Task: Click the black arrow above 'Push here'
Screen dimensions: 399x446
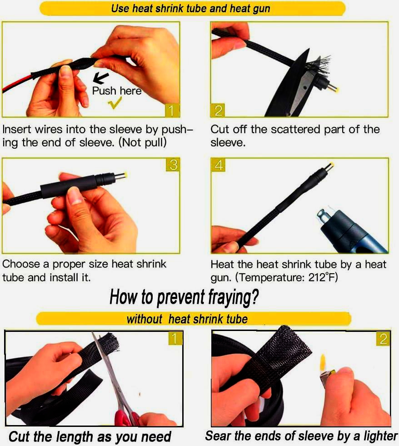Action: (x=101, y=78)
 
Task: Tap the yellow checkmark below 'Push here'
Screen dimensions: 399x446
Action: (x=115, y=103)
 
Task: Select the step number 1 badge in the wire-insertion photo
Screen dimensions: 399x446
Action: (x=171, y=110)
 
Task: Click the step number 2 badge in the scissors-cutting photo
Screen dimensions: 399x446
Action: (x=218, y=110)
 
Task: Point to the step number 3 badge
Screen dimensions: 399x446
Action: (x=173, y=165)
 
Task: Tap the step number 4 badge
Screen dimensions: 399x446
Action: (x=218, y=165)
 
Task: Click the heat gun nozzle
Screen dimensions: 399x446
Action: (x=324, y=218)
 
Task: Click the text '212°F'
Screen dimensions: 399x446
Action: (x=323, y=277)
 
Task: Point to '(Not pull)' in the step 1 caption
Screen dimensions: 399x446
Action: (x=143, y=142)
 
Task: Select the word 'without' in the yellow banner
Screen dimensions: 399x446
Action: (x=145, y=319)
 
